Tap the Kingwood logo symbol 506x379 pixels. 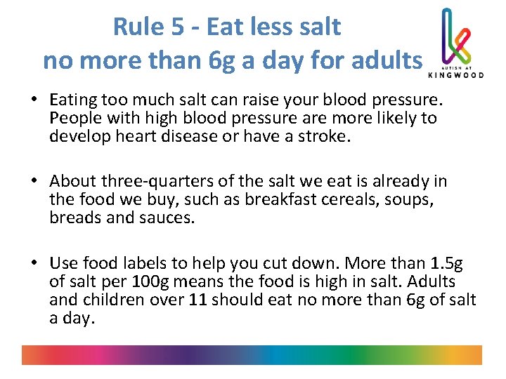click(x=455, y=35)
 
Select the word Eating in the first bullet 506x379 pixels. click(x=76, y=100)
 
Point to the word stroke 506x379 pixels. click(x=320, y=135)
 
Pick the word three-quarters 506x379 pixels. click(x=160, y=182)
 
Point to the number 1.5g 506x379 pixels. click(x=446, y=263)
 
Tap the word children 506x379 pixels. click(x=110, y=300)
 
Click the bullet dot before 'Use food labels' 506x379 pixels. click(x=34, y=264)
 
